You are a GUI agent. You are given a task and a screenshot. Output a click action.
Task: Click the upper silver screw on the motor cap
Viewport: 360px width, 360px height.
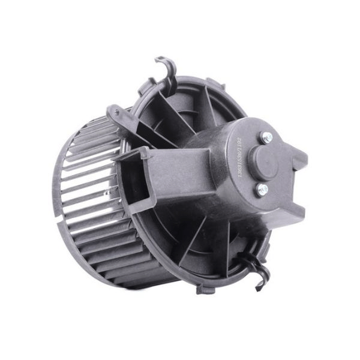pos(266,137)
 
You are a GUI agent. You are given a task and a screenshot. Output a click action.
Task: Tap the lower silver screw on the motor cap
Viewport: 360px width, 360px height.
pos(262,190)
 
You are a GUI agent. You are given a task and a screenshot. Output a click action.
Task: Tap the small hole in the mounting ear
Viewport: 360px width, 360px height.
pos(112,112)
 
